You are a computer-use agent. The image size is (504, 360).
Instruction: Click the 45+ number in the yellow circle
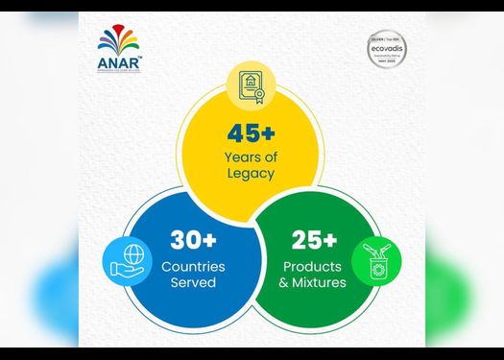[252, 135]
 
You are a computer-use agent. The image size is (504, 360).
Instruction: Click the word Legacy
[252, 174]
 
